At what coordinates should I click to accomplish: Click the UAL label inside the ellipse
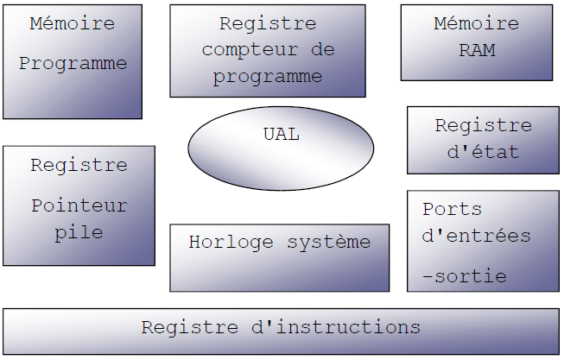click(282, 135)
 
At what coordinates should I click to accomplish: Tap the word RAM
click(477, 50)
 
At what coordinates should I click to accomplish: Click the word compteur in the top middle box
click(250, 50)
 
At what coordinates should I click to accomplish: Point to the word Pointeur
click(79, 205)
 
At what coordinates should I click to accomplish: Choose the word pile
click(79, 233)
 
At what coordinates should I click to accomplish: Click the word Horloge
click(231, 243)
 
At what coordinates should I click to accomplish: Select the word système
click(329, 243)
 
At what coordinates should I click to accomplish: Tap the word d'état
click(483, 152)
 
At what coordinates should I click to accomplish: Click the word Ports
click(452, 209)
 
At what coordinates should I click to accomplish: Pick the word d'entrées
click(476, 236)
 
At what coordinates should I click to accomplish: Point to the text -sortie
click(465, 276)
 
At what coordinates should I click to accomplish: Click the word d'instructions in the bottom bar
click(336, 327)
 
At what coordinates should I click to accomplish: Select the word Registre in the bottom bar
click(189, 328)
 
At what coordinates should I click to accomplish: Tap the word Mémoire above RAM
click(476, 23)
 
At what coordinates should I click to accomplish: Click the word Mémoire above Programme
click(73, 23)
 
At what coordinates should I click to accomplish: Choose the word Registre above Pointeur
click(79, 166)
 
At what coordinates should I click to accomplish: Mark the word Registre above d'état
click(484, 126)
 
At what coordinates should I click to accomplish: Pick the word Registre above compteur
click(268, 24)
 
